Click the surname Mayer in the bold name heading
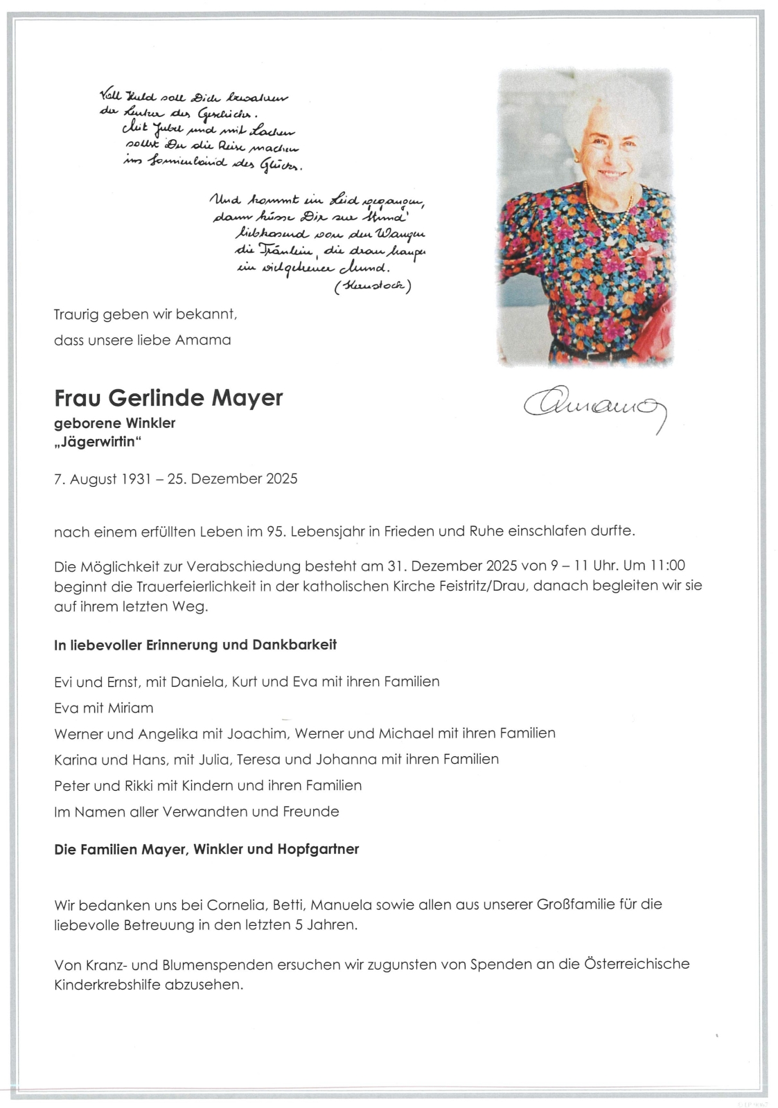pos(247,398)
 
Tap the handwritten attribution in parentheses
pos(373,285)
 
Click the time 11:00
pos(668,566)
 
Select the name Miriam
pos(130,708)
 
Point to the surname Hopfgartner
pos(318,850)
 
